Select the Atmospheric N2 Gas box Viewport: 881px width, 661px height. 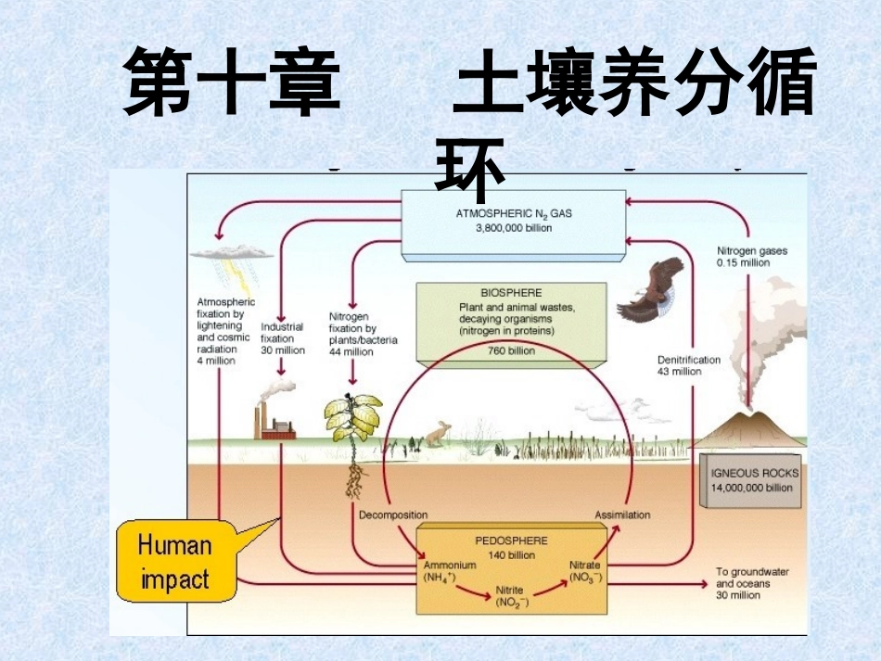(513, 222)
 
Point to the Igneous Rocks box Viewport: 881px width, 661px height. (752, 479)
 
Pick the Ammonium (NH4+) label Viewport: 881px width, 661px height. (450, 571)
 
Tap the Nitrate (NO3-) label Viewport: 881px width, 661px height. (585, 571)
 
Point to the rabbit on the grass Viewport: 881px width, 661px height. (436, 433)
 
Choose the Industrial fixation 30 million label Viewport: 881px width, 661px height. (283, 338)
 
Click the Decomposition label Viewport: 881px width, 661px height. (392, 515)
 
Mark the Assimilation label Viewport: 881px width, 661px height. (622, 515)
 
